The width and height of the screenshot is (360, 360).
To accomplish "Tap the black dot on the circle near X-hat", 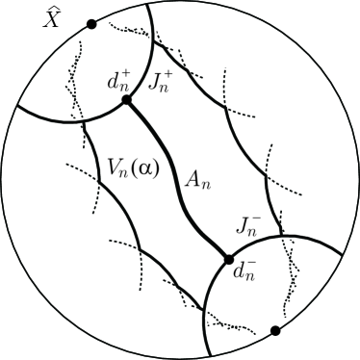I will (x=90, y=23).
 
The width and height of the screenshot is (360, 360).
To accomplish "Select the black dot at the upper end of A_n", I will (x=125, y=100).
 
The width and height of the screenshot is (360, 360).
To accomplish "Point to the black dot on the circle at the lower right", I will (x=275, y=331).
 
